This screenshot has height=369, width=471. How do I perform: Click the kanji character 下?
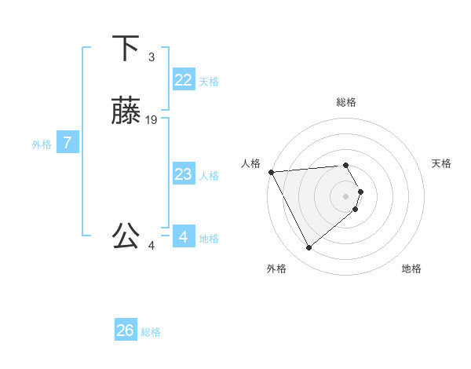point(126,49)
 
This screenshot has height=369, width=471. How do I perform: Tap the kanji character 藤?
point(126,112)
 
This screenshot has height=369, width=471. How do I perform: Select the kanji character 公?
point(126,236)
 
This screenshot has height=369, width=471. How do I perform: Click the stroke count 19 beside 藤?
point(152,120)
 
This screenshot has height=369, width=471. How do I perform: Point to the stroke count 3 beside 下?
point(151,57)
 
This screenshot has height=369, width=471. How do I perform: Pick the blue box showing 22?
point(183,80)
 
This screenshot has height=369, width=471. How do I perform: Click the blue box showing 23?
point(183,174)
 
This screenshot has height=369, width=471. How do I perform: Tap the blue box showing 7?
point(68,143)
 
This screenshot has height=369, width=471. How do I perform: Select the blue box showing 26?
point(126,331)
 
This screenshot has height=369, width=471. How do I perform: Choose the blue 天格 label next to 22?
point(209,82)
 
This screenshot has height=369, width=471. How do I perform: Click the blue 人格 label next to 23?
point(209,176)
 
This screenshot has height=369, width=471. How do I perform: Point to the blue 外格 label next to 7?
point(42,144)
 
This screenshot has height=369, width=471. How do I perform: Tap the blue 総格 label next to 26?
point(151,332)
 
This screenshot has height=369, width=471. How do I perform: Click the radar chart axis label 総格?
point(346,102)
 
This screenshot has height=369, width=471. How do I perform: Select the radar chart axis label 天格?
point(442,163)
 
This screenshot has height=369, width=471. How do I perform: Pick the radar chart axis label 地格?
point(411,269)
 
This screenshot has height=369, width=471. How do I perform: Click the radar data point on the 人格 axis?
point(271,172)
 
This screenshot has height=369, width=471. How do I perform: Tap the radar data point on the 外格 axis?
point(309,248)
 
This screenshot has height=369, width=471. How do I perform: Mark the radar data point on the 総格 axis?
point(346,166)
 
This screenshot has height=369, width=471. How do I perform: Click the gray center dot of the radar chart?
point(346,195)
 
